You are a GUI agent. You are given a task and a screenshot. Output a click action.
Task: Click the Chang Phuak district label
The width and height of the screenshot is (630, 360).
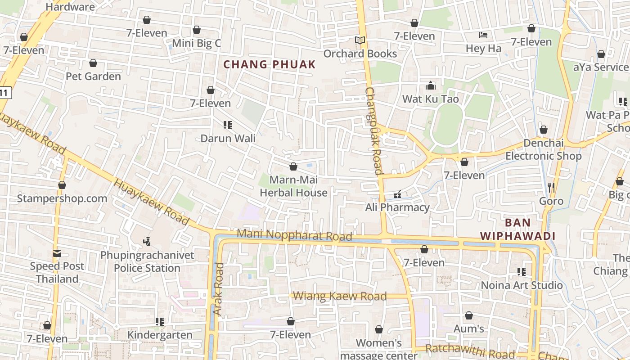click(270, 64)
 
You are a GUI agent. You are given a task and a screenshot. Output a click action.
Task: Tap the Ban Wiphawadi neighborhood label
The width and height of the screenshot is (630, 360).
click(517, 229)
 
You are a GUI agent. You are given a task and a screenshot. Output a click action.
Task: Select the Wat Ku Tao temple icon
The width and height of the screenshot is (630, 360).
click(431, 85)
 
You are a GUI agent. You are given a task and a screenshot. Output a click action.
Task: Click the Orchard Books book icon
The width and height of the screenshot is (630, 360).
click(360, 40)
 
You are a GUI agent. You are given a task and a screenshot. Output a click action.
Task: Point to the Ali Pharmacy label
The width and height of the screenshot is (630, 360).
click(398, 207)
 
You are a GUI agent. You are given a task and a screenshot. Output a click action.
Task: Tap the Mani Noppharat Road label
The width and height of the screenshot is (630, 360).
click(294, 234)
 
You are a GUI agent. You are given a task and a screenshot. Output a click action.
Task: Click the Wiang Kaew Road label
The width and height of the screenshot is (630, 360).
click(340, 296)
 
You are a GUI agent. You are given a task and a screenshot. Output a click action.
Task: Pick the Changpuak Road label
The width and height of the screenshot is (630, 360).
click(373, 130)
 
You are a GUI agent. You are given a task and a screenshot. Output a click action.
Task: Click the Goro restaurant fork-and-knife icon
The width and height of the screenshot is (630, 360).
click(551, 187)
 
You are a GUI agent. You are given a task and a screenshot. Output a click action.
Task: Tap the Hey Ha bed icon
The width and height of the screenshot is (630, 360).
click(483, 35)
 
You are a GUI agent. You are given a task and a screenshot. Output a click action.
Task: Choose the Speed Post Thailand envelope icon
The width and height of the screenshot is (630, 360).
click(57, 253)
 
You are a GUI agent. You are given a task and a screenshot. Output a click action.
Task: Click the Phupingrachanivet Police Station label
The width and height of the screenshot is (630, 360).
click(147, 261)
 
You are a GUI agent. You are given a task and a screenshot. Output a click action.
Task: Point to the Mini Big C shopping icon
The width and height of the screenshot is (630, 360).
click(197, 30)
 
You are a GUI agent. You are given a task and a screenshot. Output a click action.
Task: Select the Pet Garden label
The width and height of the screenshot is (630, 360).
click(93, 76)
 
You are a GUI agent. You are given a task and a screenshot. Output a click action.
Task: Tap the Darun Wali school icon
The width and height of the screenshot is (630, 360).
click(228, 125)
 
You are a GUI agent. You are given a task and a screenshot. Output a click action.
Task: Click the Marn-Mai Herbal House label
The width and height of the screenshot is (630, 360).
click(293, 186)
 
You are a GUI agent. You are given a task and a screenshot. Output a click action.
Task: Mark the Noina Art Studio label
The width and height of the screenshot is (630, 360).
click(522, 285)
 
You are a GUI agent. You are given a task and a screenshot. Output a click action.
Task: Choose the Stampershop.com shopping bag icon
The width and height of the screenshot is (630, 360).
click(62, 185)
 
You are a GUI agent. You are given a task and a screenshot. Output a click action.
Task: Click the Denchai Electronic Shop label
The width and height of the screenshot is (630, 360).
click(543, 150)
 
